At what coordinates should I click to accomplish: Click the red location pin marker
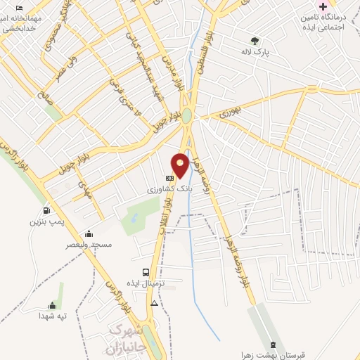pos(181,165)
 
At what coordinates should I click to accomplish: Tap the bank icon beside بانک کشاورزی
pos(169,178)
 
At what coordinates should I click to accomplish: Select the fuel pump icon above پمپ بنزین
pos(47,210)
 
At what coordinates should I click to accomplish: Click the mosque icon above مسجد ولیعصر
pos(88,234)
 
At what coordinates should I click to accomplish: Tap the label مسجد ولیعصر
pos(90,245)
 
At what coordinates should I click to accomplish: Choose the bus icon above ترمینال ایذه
pos(145,272)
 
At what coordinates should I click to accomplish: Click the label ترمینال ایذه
pos(145,283)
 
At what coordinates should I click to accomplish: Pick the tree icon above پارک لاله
pos(255,41)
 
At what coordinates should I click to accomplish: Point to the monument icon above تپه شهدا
pos(52,305)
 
